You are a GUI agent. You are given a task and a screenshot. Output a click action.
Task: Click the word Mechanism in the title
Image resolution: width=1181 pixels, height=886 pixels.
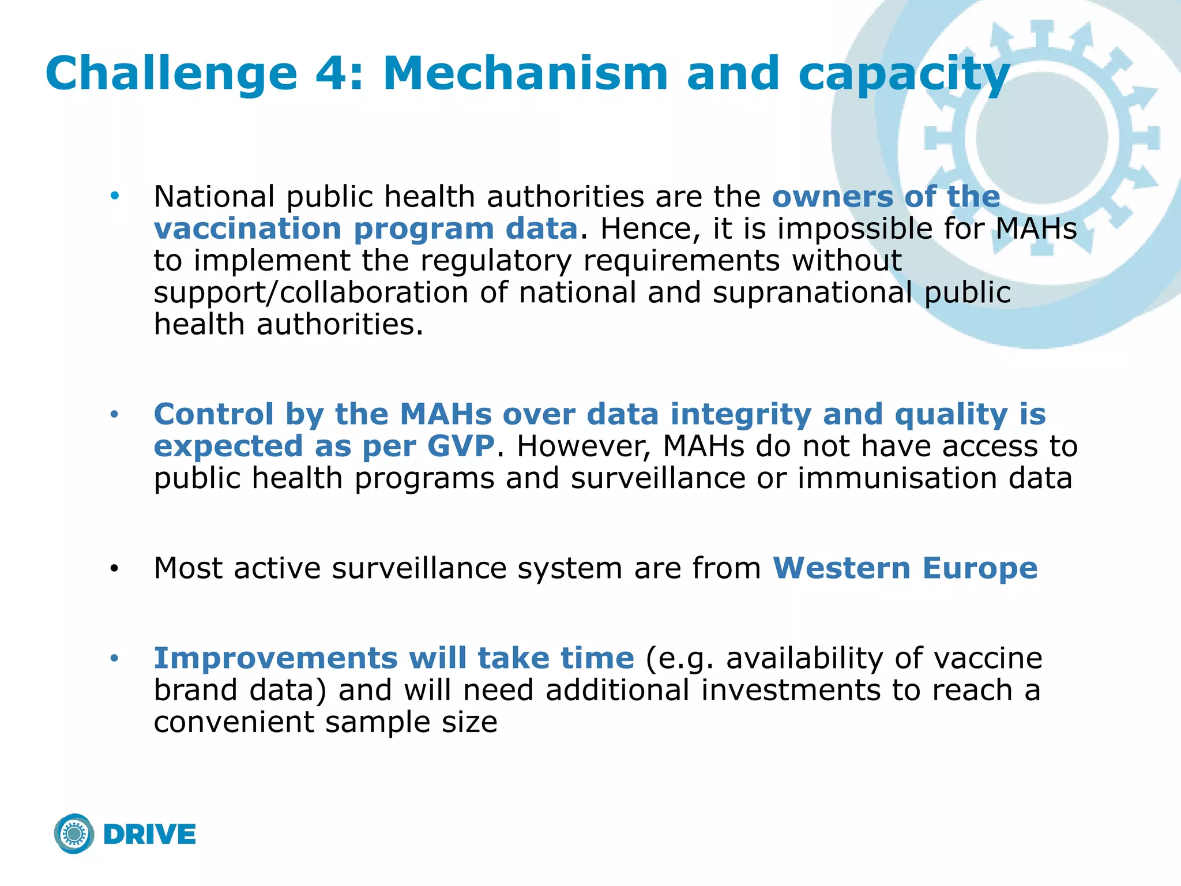pos(525,74)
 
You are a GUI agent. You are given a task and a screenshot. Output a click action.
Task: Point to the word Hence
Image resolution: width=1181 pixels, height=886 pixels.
pos(650,229)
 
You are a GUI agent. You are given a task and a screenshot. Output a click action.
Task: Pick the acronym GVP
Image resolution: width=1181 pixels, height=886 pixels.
pos(461,446)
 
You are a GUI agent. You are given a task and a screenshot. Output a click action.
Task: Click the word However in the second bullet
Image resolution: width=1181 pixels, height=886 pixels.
pos(583,446)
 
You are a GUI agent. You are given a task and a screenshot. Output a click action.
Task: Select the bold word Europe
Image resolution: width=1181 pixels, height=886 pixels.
pos(980,568)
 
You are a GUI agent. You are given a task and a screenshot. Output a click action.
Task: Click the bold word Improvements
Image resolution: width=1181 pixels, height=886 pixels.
pos(275,658)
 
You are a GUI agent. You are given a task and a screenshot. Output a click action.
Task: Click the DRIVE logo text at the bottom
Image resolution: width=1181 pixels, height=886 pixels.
pos(150,835)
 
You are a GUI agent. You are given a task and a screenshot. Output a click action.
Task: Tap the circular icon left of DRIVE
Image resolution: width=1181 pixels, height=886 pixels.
pos(74,834)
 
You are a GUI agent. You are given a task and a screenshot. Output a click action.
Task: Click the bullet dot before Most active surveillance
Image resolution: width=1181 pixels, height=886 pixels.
pos(114,569)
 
